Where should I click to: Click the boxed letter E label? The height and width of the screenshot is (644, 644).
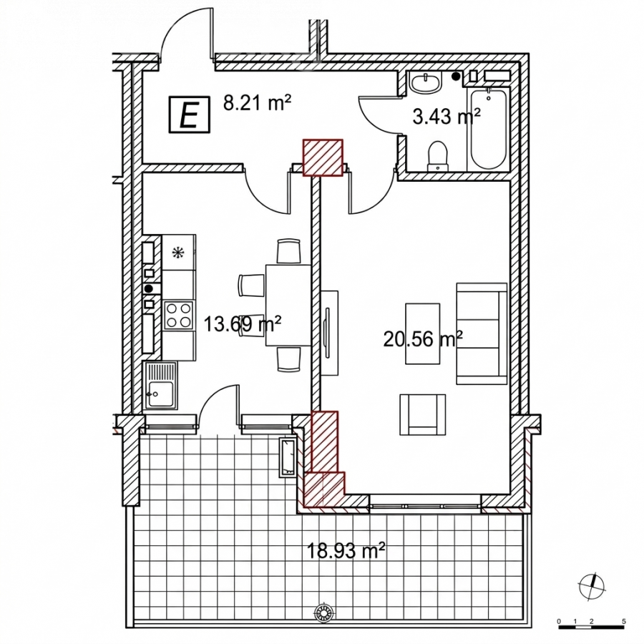190,114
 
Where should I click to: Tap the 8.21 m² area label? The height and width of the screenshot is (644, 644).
257,102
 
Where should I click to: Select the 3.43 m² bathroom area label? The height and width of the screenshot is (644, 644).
446,116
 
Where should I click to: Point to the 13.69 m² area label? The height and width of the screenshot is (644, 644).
243,324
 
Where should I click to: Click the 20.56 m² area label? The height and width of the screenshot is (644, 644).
423,339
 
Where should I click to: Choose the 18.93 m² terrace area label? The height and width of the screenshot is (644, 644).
346,550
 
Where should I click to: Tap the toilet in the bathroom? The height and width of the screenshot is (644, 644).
437,156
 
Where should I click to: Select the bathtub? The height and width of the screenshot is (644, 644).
488,129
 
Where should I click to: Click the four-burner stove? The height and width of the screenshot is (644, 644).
179,316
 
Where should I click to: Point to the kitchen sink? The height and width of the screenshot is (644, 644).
160,385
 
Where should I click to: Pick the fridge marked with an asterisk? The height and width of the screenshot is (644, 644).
179,252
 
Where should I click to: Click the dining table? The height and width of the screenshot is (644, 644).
288,305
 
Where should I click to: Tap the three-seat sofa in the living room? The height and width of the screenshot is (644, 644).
482,333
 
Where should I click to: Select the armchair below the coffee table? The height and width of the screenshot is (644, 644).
423,414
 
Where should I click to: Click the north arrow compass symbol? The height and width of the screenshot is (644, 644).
592,586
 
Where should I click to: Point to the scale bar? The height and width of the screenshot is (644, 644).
591,627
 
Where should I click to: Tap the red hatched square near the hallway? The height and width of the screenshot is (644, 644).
323,157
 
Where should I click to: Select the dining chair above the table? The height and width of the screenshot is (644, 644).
289,251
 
